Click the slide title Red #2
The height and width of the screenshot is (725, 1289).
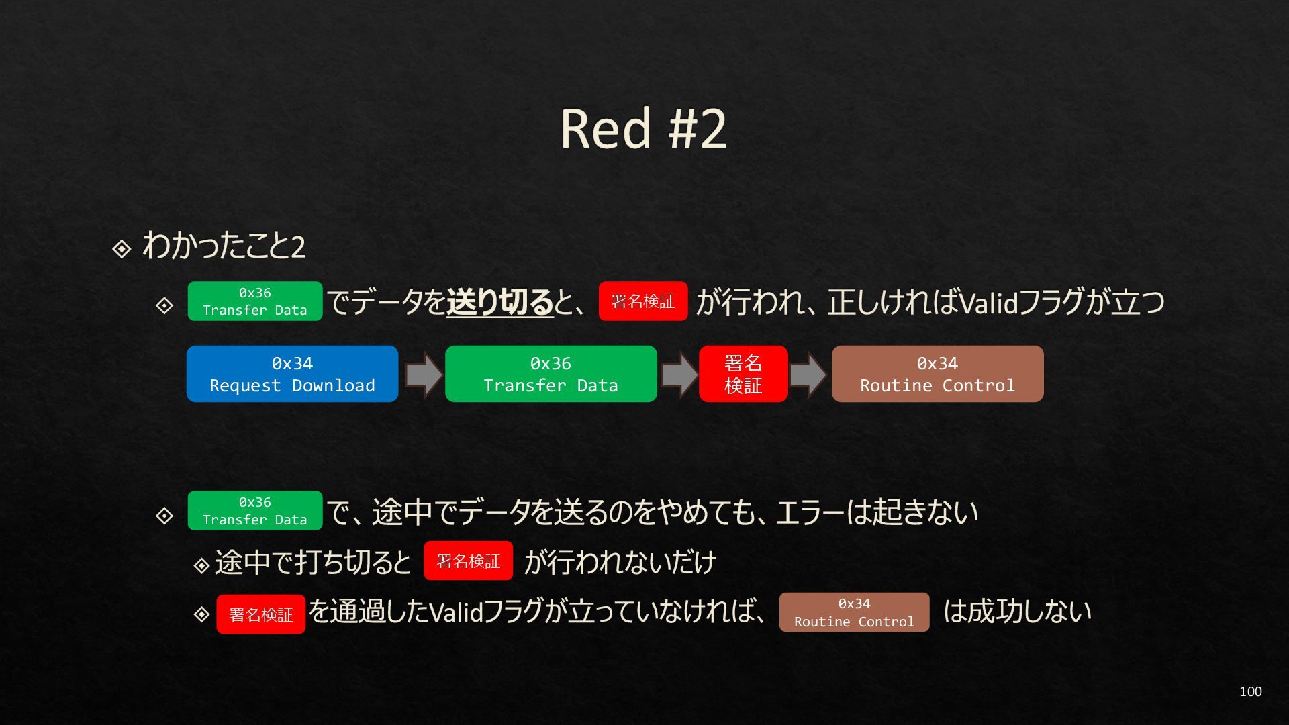pyautogui.click(x=643, y=128)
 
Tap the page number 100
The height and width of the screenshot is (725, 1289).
pyautogui.click(x=1250, y=691)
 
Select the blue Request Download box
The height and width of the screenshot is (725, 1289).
pyautogui.click(x=292, y=374)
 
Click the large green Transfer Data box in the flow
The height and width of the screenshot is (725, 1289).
pyautogui.click(x=551, y=374)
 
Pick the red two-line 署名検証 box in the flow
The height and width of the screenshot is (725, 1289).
pyautogui.click(x=743, y=374)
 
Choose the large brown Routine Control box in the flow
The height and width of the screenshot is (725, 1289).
pyautogui.click(x=937, y=374)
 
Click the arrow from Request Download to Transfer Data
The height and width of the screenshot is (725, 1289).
pyautogui.click(x=423, y=374)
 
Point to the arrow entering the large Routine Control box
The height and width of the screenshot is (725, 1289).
pyautogui.click(x=808, y=374)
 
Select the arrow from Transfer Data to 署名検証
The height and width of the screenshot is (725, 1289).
pyautogui.click(x=679, y=374)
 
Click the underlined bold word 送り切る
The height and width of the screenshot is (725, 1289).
pyautogui.click(x=499, y=301)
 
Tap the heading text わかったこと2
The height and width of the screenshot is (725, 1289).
pyautogui.click(x=224, y=246)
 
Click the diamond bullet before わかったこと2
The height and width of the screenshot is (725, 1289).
pyautogui.click(x=122, y=249)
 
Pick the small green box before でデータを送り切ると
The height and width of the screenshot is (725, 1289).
pyautogui.click(x=254, y=301)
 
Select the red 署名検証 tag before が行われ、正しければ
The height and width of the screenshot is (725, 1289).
pyautogui.click(x=642, y=301)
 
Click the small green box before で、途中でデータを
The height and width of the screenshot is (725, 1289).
pyautogui.click(x=254, y=511)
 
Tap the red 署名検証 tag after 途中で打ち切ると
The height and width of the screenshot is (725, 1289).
pyautogui.click(x=468, y=561)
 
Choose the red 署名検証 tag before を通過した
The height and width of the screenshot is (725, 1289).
pyautogui.click(x=260, y=614)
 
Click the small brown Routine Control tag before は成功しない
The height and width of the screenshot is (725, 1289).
pyautogui.click(x=854, y=612)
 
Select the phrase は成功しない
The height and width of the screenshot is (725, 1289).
pyautogui.click(x=1017, y=612)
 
